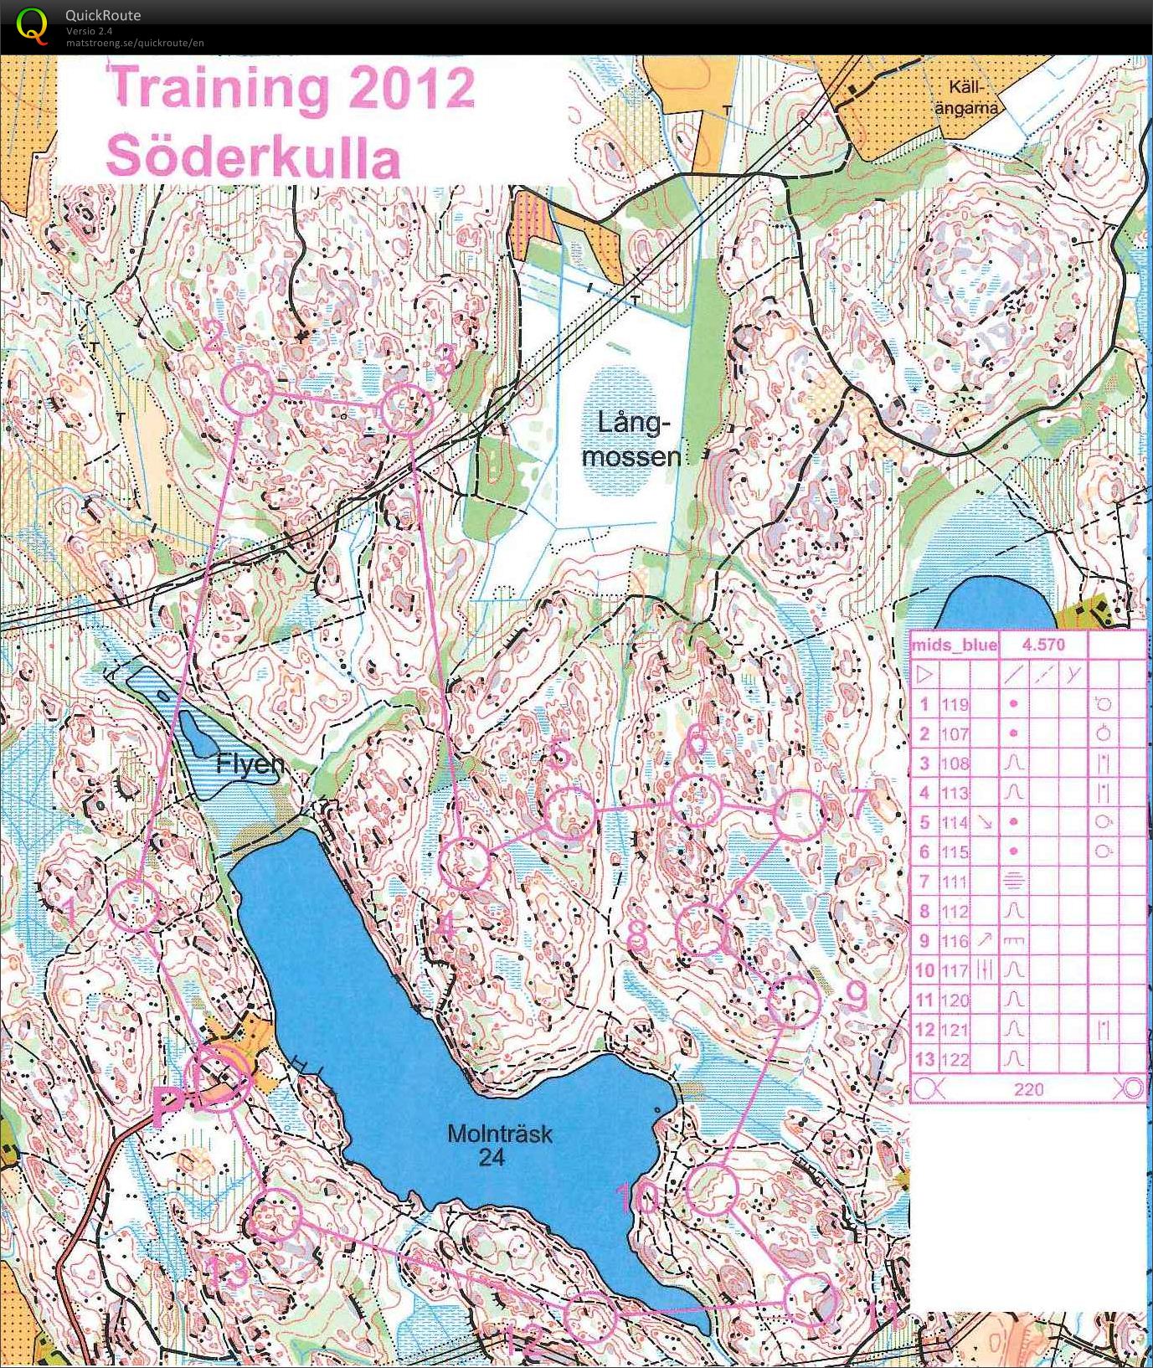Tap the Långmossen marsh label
tap(632, 440)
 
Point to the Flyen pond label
tap(250, 764)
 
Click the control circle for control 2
tap(248, 389)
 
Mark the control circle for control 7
tap(798, 815)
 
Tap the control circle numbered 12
tap(589, 1316)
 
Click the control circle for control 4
tap(465, 864)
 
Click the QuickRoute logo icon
tap(32, 24)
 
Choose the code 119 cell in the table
tap(955, 704)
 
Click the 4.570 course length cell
tap(1042, 644)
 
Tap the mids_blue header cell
tap(954, 644)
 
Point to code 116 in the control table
tap(955, 941)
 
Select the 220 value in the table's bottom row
tap(1028, 1088)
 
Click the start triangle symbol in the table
tap(924, 674)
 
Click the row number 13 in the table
tap(924, 1059)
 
